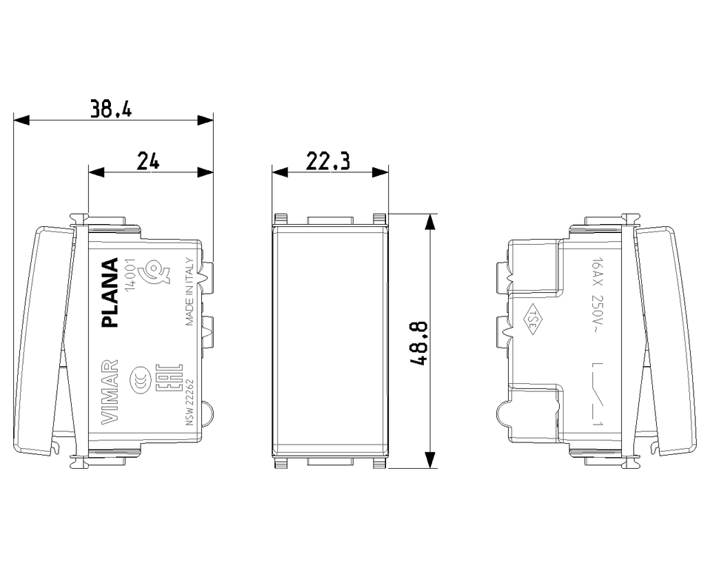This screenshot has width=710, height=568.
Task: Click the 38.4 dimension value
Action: [x=111, y=109]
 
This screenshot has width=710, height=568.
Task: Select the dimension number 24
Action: [x=149, y=160]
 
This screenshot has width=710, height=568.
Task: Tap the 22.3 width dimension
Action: [x=328, y=161]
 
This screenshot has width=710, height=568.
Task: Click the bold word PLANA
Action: [x=110, y=292]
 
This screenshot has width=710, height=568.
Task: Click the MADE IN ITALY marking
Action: [x=189, y=291]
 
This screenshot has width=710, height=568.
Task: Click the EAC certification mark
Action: [x=167, y=380]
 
